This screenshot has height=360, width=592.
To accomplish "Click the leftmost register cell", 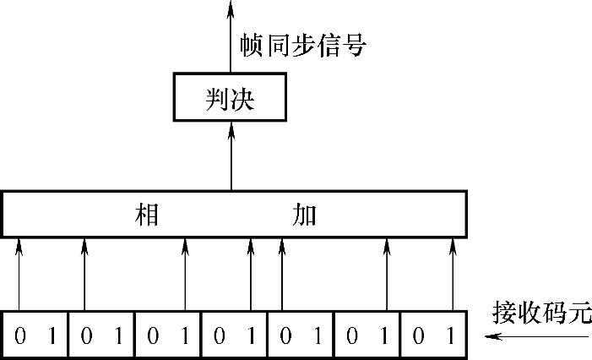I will [x=35, y=335].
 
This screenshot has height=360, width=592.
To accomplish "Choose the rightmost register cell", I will [x=434, y=335].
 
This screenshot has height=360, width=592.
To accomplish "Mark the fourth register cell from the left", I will [x=234, y=335].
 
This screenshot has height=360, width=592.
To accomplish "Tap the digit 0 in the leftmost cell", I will [x=19, y=335].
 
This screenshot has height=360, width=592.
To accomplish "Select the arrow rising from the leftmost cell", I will [x=19, y=275].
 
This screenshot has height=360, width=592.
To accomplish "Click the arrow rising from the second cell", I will [x=84, y=275].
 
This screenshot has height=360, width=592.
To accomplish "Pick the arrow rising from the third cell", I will [x=185, y=275].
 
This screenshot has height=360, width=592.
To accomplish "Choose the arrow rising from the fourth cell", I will [x=251, y=275].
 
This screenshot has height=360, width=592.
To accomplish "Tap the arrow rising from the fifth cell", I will [x=281, y=275].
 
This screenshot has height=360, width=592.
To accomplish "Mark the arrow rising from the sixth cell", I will [x=386, y=275].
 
